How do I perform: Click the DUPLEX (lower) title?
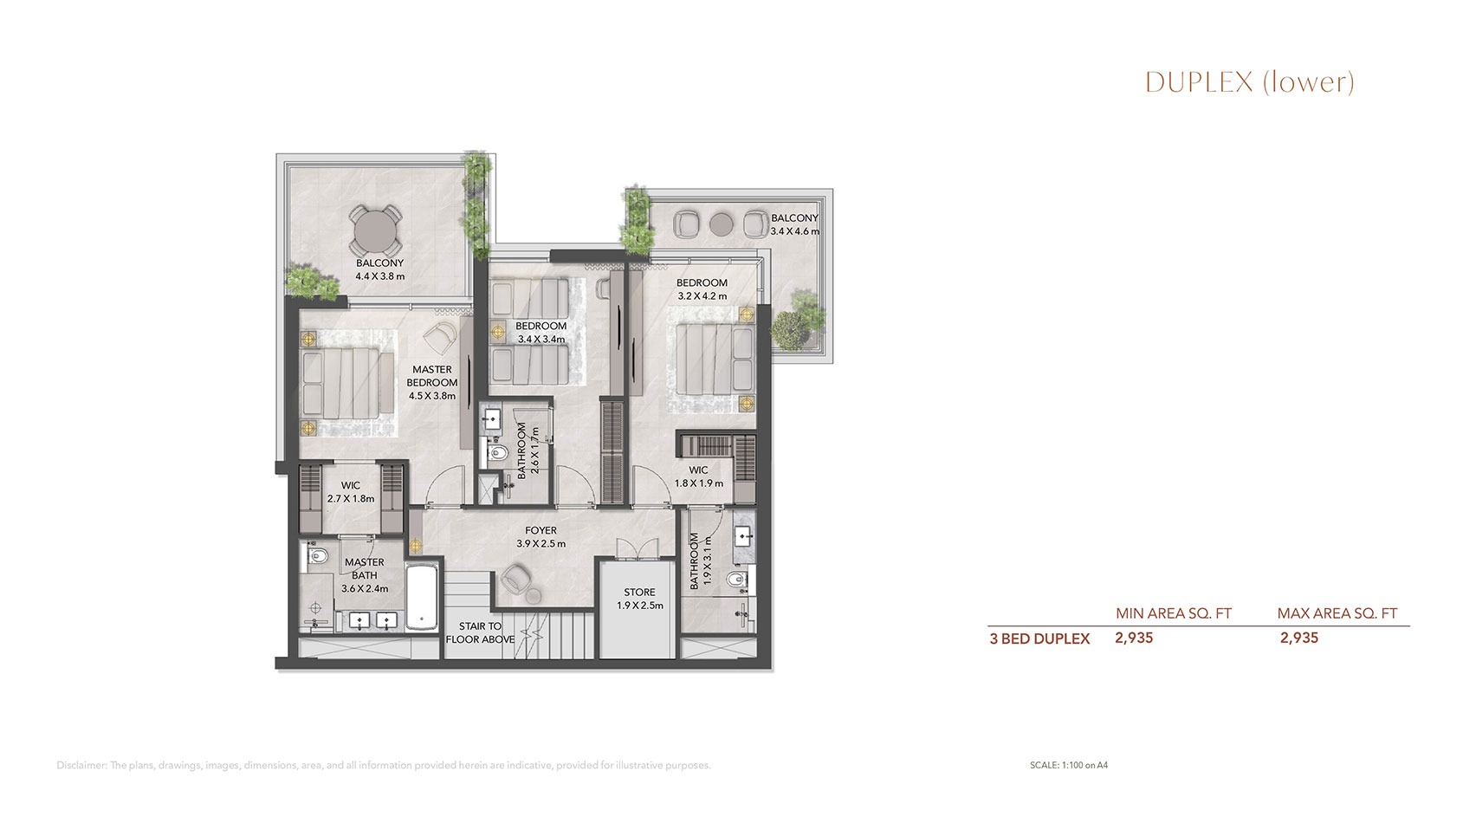[1249, 81]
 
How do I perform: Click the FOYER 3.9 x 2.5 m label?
[541, 537]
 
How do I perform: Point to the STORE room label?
[639, 599]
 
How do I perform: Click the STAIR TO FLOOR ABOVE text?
[480, 632]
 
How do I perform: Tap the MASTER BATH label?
[364, 575]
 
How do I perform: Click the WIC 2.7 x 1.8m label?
[350, 491]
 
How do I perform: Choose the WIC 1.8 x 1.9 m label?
[698, 476]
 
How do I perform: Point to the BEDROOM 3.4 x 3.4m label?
[541, 332]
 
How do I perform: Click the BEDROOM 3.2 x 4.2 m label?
[702, 288]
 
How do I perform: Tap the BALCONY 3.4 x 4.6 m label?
[794, 224]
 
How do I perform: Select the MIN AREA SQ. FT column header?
[1173, 613]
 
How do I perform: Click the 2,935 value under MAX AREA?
[1298, 638]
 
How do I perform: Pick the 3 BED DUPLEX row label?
[1039, 639]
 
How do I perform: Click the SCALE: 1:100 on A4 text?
[1069, 765]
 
